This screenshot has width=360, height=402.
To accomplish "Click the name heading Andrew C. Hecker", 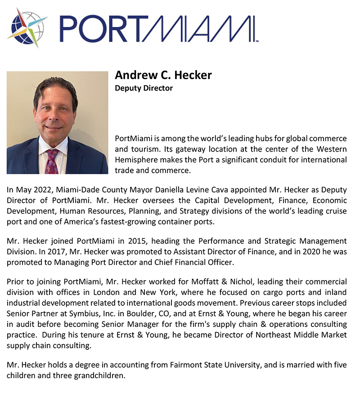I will click(x=163, y=75).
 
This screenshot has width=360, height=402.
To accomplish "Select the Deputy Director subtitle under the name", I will click(x=144, y=88).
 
